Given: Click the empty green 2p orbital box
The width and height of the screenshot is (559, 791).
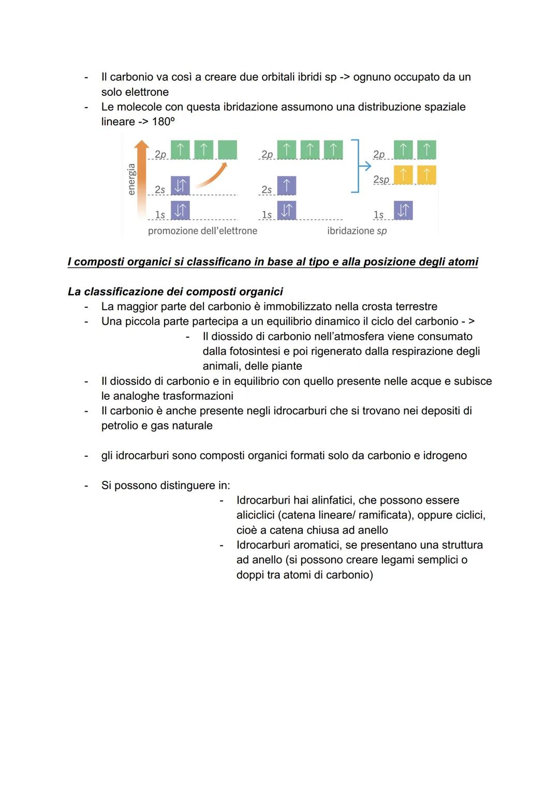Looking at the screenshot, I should pos(228,150).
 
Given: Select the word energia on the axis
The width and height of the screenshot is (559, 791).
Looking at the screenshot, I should pos(131,179).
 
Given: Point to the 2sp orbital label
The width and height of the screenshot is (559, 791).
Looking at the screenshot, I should pos(381,179).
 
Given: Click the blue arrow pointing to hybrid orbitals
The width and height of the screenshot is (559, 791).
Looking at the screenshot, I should pos(365,166).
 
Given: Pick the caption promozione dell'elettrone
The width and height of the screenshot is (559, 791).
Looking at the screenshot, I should pos(202,231).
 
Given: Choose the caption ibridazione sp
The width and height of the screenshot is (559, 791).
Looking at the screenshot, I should pos(357,231).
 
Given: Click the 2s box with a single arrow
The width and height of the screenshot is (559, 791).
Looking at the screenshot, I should pos(287,185).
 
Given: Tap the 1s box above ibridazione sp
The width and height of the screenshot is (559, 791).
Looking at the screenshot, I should pos(403,211).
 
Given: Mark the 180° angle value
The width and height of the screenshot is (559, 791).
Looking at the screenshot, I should pos(164,121).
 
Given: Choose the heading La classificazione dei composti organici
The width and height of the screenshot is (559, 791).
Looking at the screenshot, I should pos(175,292).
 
